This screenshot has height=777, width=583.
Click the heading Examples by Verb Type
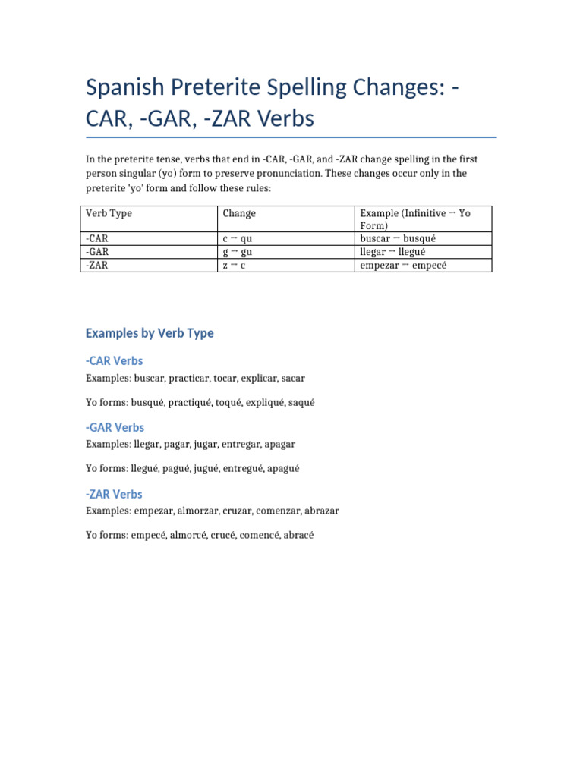[150, 333]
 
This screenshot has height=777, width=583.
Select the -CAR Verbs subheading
[114, 360]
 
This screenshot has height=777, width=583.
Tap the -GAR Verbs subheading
[115, 427]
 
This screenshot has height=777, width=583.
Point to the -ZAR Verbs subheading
[114, 494]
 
